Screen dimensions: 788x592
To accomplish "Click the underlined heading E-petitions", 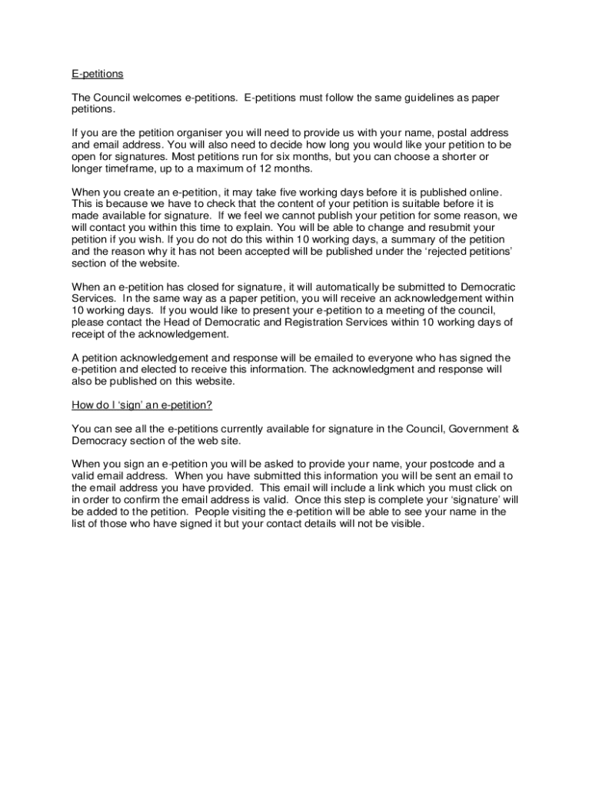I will point(98,75).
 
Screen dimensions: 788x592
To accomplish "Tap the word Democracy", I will point(101,440).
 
